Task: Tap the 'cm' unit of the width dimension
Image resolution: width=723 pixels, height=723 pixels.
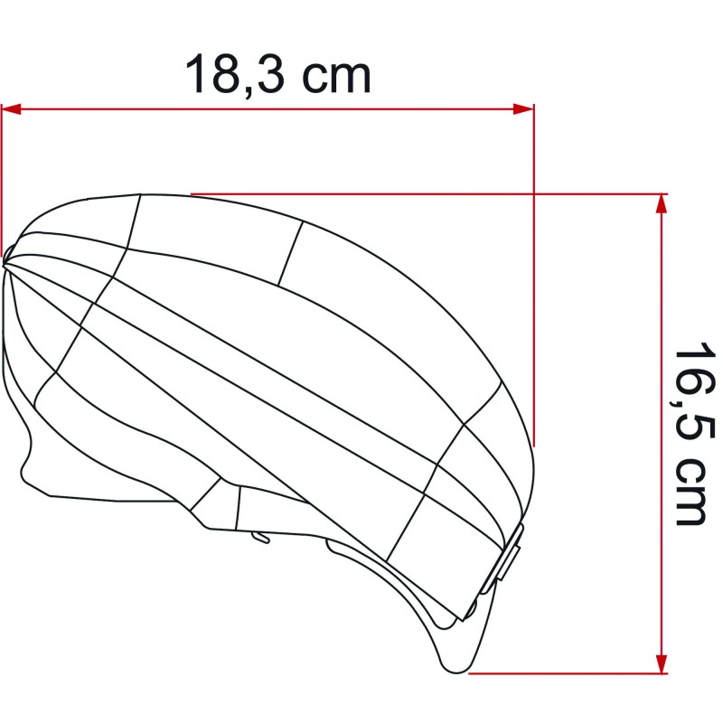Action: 336,78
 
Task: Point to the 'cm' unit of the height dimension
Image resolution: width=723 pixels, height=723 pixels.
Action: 690,492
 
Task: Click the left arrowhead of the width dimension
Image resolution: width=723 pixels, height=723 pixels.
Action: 11,109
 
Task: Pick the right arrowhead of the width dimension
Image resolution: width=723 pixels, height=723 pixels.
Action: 523,109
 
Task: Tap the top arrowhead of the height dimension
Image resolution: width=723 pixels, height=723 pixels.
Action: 662,203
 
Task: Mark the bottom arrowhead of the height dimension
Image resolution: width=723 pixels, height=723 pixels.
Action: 662,663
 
